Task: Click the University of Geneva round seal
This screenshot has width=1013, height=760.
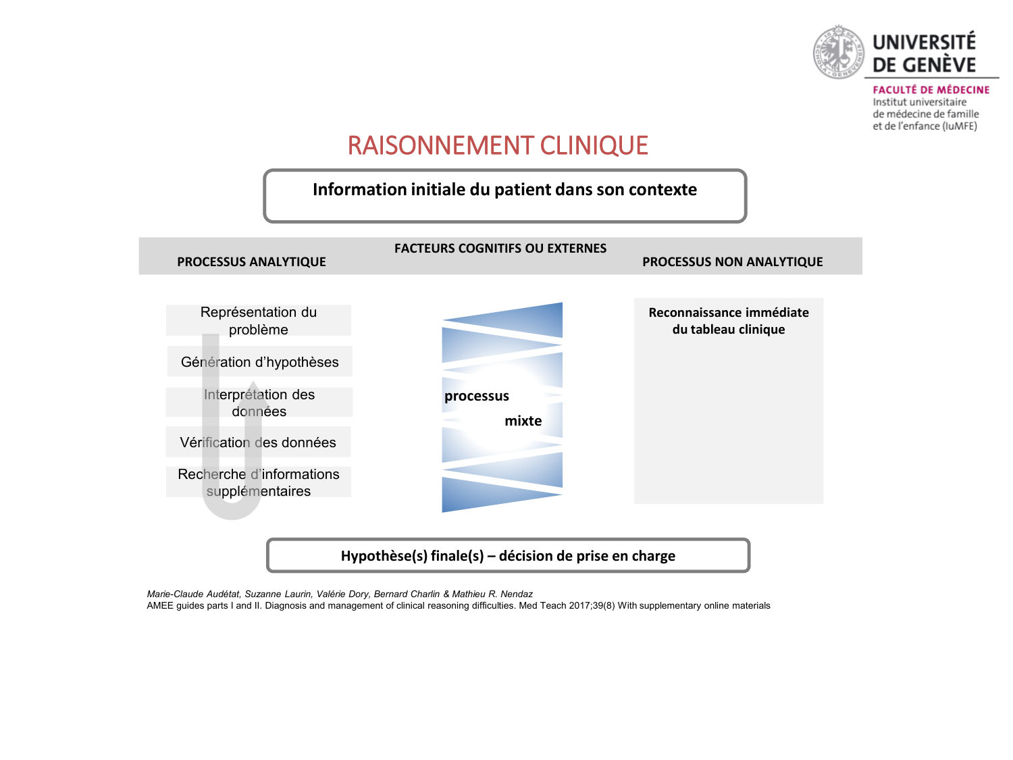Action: [x=838, y=52]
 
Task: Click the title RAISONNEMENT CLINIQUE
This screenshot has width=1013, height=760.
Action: [x=498, y=146]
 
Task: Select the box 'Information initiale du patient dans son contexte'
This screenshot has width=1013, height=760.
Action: [x=504, y=190]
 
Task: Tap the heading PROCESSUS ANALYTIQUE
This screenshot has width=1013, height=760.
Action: [x=251, y=262]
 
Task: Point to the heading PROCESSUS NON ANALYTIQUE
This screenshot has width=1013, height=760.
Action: [x=732, y=262]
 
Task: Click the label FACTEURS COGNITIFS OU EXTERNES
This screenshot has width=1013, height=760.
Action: [x=500, y=249]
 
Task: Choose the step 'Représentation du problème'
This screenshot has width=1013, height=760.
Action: [x=259, y=321]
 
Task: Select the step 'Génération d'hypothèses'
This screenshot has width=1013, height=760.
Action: [x=260, y=362]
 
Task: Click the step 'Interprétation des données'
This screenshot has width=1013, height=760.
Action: [x=259, y=403]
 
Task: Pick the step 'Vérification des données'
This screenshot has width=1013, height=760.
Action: [x=258, y=442]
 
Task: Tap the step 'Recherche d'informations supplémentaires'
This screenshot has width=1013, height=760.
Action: [x=259, y=482]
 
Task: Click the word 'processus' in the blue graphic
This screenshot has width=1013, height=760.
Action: [x=477, y=397]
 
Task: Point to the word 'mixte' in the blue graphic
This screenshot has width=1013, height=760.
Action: [x=523, y=422]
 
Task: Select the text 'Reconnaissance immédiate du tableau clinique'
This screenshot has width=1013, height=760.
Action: [x=729, y=321]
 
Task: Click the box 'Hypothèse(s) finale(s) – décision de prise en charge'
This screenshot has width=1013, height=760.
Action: [x=508, y=556]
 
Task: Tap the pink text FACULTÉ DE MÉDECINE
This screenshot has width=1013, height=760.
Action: [x=931, y=90]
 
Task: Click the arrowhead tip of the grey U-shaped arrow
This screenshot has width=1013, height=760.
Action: [x=253, y=383]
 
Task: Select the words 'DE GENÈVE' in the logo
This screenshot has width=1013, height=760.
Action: [x=924, y=65]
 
